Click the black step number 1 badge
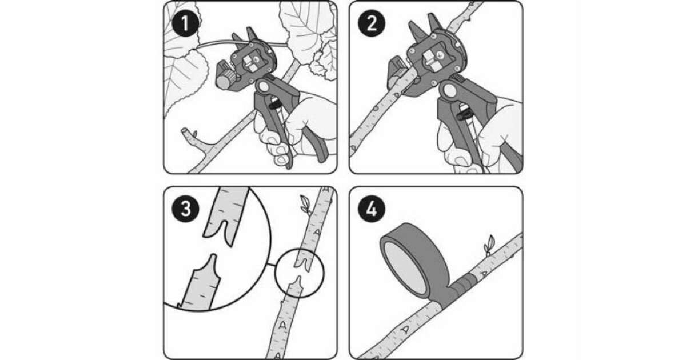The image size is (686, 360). (185, 23)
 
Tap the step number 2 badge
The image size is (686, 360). (372, 23)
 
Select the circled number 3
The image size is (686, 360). (185, 209)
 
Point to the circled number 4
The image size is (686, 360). (372, 209)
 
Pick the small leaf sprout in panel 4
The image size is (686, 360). (489, 245)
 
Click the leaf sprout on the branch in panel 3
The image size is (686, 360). (305, 204)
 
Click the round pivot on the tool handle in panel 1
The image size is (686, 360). (263, 87)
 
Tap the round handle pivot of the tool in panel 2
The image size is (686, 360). (449, 90)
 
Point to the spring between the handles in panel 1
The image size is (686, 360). (274, 104)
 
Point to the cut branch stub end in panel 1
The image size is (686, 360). (184, 131)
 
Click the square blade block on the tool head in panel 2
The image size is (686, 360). (432, 59)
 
